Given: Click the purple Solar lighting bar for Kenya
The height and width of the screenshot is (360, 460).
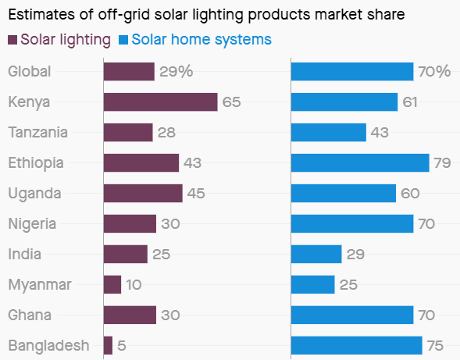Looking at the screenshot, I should click(160, 102).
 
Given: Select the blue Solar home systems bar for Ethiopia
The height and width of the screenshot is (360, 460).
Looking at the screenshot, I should click(360, 162).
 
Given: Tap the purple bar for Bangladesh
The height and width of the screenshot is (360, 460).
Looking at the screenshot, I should click(108, 345).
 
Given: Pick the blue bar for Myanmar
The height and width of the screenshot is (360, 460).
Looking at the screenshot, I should click(312, 284).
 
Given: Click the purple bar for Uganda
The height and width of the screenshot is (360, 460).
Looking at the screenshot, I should click(143, 193).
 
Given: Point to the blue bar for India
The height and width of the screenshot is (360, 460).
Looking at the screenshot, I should click(316, 254).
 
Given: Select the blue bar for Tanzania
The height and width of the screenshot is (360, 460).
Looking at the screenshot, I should click(328, 132).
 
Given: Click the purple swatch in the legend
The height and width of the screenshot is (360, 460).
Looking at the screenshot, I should click(12, 40).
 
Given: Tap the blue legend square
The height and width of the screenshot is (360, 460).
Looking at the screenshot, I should click(123, 40).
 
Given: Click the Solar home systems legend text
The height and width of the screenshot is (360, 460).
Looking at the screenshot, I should click(201, 40).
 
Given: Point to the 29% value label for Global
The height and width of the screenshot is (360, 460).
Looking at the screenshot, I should click(176, 72).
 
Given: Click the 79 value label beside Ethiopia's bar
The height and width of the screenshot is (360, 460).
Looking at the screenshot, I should click(444, 162).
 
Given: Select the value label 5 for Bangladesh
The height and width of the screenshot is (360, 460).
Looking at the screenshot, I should click(122, 345).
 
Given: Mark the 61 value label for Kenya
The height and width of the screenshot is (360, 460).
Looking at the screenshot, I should click(411, 102).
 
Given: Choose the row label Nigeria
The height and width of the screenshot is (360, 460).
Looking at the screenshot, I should click(32, 223).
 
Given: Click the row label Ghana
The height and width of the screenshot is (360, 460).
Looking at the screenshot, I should click(30, 315).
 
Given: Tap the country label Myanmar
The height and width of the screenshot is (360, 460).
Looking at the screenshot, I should click(39, 284).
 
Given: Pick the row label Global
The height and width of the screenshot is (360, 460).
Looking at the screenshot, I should click(29, 72).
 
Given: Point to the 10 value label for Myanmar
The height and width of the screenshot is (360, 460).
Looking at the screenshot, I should click(134, 284).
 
